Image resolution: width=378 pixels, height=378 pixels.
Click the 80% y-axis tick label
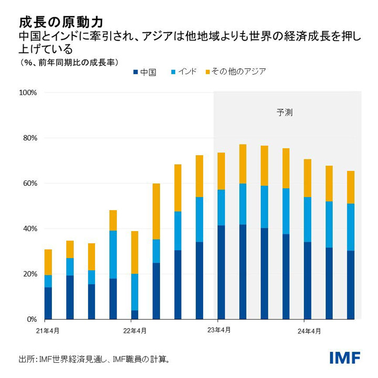click(28, 138)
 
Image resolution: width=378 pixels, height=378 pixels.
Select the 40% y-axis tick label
click(28, 229)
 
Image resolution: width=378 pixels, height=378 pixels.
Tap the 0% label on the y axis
click(30, 319)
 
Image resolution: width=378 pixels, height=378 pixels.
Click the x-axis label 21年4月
click(48, 331)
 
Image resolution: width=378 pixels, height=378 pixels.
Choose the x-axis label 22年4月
click(134, 331)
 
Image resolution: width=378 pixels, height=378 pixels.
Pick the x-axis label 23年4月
click(221, 331)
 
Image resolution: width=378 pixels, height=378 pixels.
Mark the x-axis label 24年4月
click(308, 331)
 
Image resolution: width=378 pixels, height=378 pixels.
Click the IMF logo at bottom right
click(344, 358)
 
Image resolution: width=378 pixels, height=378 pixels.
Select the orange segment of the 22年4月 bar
click(135, 252)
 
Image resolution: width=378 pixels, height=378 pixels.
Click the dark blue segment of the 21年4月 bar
click(48, 303)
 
